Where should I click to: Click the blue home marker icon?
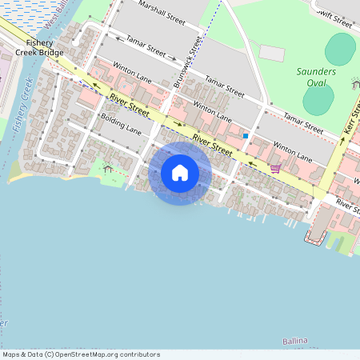tap(180, 173)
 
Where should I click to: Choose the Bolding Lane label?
tap(121, 123)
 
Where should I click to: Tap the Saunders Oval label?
tap(317, 77)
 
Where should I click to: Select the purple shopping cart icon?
tap(275, 169)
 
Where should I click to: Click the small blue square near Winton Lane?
tap(245, 136)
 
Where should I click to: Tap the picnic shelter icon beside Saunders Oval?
tap(354, 83)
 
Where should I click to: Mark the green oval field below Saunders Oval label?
tap(318, 100)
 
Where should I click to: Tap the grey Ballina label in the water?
tap(294, 342)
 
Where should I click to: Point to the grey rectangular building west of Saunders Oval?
tap(272, 54)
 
